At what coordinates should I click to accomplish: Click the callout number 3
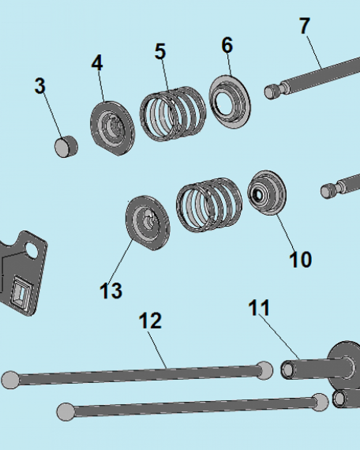pos(40,85)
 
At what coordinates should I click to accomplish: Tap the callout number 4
pos(97,63)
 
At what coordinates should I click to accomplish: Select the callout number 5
pos(160,51)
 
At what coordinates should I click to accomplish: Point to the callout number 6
pos(227,45)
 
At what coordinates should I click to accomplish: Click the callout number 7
pos(305,26)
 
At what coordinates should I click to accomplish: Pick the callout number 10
pos(300,260)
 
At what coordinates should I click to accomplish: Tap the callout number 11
pos(259,308)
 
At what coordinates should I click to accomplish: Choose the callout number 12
pos(150,320)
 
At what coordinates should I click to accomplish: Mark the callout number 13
pos(111,290)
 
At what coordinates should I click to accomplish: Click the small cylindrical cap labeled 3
pos(66,147)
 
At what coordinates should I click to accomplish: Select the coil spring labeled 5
pos(173,114)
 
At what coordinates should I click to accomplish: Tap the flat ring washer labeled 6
pos(229,102)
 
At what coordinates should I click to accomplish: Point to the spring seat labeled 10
pos(267,193)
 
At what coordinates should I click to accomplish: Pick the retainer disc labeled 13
pos(148,223)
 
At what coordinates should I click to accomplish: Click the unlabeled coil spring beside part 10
pos(209,205)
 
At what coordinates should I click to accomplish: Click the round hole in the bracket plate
pos(32,250)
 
